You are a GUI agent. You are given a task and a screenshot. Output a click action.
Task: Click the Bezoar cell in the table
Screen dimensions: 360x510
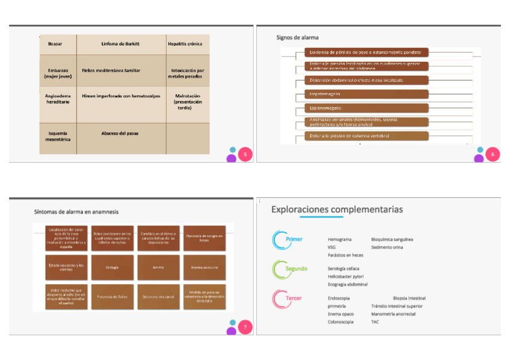point(55,44)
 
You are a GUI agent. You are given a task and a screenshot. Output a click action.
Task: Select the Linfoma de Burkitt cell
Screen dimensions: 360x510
point(121,44)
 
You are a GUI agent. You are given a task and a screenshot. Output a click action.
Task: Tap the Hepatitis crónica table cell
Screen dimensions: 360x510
point(185,44)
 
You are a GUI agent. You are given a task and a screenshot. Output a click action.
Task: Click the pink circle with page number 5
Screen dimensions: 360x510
point(245,154)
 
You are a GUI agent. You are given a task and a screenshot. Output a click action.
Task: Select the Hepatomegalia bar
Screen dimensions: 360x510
point(366,94)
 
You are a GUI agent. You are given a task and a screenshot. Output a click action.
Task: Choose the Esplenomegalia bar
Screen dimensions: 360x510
point(366,108)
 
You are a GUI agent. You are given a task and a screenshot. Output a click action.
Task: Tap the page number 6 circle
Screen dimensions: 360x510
point(493,154)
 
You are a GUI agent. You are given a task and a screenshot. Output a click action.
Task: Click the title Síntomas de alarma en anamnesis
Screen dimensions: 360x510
point(76,212)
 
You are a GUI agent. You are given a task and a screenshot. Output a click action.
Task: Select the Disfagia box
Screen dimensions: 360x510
point(112,267)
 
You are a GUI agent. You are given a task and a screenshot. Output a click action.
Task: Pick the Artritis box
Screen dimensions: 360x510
point(158,267)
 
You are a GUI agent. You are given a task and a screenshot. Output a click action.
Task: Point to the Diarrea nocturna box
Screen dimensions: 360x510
point(204,267)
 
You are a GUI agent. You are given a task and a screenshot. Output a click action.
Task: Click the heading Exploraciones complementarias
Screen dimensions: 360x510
point(337,209)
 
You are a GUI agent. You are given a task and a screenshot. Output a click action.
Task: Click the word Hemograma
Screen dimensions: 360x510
point(340,239)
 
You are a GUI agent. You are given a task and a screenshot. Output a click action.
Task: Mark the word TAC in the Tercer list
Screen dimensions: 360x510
point(375,322)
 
